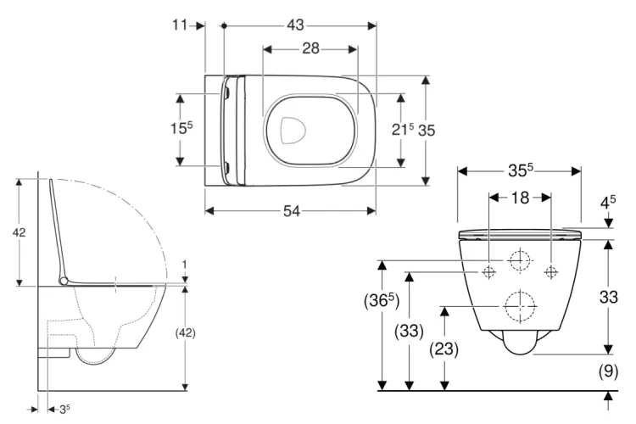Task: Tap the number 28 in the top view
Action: coord(310,49)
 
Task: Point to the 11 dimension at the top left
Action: coord(181,26)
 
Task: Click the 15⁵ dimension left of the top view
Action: coord(181,129)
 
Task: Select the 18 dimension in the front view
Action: coord(520,198)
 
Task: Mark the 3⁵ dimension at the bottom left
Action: coord(62,409)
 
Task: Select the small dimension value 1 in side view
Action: coord(184,265)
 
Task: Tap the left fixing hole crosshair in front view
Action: coord(488,271)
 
